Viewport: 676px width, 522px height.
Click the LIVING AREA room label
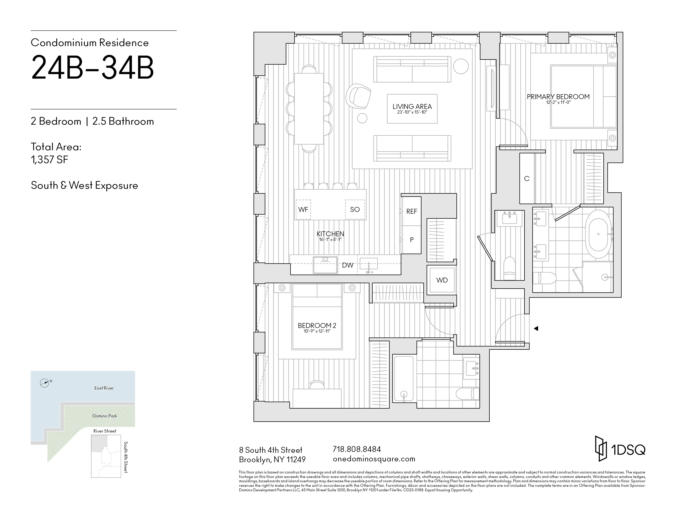pyautogui.click(x=412, y=106)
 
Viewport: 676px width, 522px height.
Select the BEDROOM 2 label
pyautogui.click(x=317, y=325)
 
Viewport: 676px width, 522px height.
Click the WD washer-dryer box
pyautogui.click(x=442, y=280)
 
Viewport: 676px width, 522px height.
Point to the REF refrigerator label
pyautogui.click(x=412, y=211)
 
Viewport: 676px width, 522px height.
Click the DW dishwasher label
pyautogui.click(x=348, y=265)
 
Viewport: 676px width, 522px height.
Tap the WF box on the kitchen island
pyautogui.click(x=303, y=209)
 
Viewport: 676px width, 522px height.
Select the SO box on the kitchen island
pyautogui.click(x=355, y=209)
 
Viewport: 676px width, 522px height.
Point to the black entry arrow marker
pyautogui.click(x=536, y=328)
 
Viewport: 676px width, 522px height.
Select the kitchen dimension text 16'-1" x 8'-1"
pyautogui.click(x=330, y=239)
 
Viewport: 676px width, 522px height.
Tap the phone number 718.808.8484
pyautogui.click(x=357, y=449)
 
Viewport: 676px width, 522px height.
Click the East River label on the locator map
pyautogui.click(x=104, y=388)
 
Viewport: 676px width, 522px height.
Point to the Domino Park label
pyautogui.click(x=105, y=416)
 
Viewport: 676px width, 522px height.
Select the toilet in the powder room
pyautogui.click(x=509, y=268)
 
